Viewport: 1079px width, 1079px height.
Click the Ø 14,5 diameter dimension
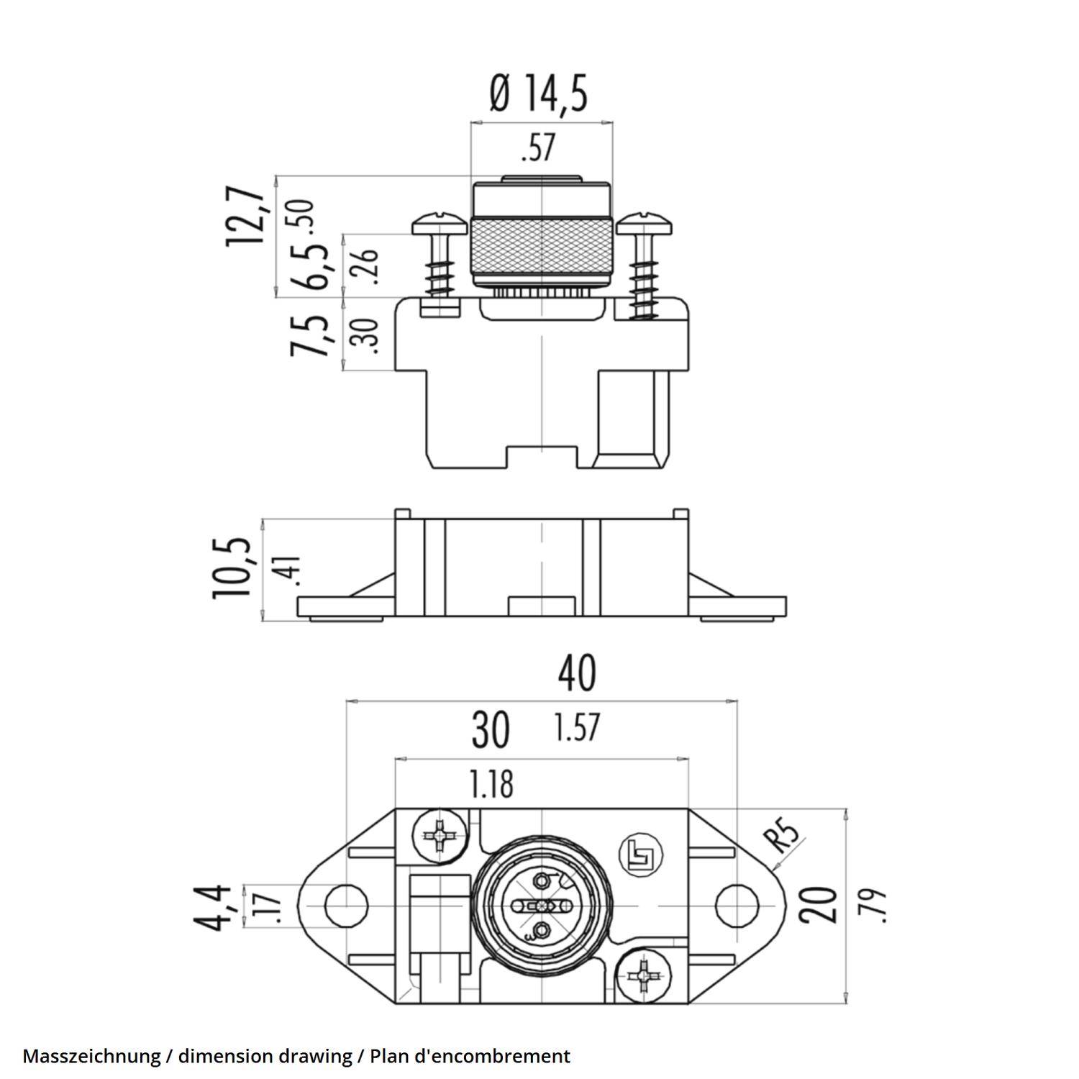coord(539,94)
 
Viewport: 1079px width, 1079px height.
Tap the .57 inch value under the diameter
coord(538,148)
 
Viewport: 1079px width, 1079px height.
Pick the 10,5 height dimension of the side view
coord(233,568)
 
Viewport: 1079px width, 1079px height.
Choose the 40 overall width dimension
coord(577,673)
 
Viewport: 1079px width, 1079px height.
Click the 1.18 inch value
coord(492,784)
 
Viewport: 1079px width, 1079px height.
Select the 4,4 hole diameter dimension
coord(216,908)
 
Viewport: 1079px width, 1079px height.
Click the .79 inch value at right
coord(871,906)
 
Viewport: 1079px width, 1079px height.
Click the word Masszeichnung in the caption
coord(91,1056)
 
